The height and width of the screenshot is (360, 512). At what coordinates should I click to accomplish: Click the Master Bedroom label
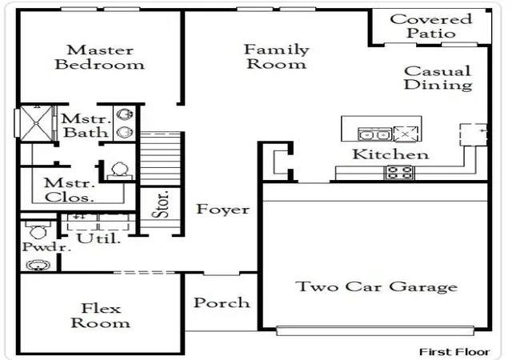[x=99, y=58]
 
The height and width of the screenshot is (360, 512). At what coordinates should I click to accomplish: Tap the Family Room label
[x=277, y=57]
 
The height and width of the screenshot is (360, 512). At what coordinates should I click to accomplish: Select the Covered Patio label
[x=431, y=26]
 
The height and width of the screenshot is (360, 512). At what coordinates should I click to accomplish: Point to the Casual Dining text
[x=438, y=78]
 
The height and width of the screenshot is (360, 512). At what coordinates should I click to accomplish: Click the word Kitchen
[x=390, y=154]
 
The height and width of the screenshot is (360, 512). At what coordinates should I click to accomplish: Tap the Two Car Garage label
[x=377, y=287]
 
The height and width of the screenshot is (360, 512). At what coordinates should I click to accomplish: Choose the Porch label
[x=222, y=302]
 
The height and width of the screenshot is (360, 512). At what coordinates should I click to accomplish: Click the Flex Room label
[x=101, y=315]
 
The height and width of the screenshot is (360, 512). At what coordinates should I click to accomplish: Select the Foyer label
[x=222, y=209]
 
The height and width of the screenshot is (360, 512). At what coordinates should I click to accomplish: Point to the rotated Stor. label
[x=161, y=204]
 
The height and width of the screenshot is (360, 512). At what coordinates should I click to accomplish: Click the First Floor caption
[x=454, y=352]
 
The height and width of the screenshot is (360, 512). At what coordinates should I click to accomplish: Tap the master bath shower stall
[x=36, y=123]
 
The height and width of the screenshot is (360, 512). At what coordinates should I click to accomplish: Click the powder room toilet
[x=38, y=230]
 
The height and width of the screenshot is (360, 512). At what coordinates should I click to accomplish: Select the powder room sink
[x=38, y=265]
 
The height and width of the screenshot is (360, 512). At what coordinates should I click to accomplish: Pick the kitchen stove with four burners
[x=398, y=172]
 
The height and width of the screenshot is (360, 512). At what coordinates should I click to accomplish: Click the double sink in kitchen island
[x=374, y=134]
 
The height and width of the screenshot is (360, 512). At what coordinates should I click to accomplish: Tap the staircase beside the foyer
[x=160, y=158]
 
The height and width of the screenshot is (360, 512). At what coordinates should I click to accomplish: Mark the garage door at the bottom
[x=375, y=331]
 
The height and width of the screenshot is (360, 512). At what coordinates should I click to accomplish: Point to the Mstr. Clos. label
[x=70, y=190]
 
